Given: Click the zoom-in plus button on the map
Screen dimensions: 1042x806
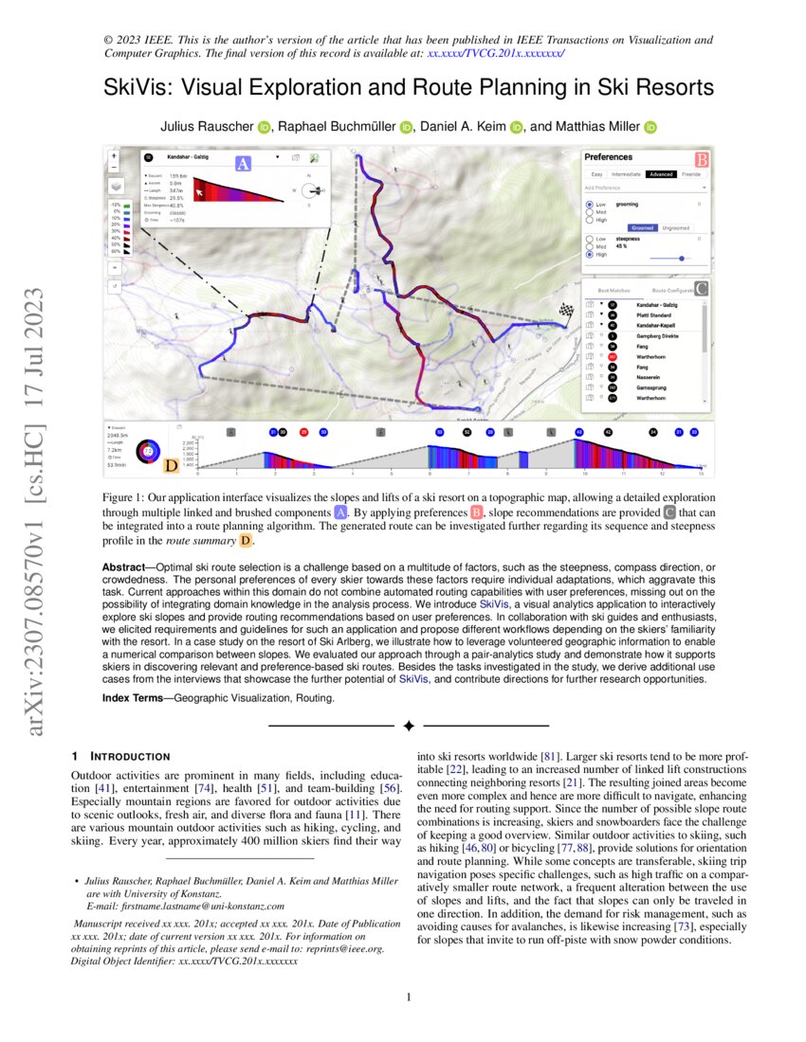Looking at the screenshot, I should [114, 154].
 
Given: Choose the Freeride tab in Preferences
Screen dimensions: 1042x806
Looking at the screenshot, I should [691, 174].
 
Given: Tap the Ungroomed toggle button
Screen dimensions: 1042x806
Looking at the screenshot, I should [675, 227].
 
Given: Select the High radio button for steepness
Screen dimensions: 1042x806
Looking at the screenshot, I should [590, 254].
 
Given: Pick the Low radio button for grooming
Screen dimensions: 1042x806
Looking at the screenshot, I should [590, 204].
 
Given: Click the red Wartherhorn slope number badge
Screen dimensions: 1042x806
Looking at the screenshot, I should [612, 356].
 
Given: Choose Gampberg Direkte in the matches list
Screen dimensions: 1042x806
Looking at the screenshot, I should [656, 335].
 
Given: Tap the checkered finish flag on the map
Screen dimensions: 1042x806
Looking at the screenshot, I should [567, 309].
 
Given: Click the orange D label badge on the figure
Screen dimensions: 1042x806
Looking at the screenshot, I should [171, 465].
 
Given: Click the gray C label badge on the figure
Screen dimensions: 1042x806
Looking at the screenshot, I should [701, 288].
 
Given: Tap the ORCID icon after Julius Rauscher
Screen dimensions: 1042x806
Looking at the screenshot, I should [263, 128].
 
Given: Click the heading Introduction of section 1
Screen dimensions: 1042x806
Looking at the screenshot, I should [129, 757].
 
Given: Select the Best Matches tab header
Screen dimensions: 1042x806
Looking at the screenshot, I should [614, 290].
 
